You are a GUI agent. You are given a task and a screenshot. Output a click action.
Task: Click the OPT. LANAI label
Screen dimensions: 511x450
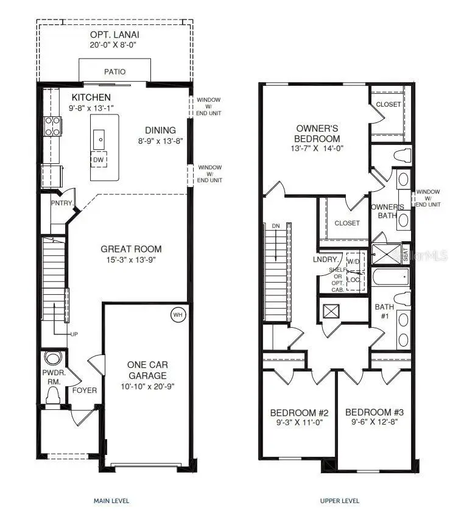point(116,33)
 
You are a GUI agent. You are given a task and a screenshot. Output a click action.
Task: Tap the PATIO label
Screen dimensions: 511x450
point(114,72)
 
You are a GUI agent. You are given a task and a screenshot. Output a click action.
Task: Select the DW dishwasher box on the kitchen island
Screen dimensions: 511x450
point(98,160)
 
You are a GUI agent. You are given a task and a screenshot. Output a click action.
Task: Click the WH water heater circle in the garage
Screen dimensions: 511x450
point(178,315)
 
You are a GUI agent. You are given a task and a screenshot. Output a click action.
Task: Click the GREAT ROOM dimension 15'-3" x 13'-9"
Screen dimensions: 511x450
point(132,260)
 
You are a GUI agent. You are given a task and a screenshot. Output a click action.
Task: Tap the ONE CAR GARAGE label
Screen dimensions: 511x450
point(147,370)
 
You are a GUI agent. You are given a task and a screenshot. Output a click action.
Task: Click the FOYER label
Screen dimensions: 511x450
point(85,390)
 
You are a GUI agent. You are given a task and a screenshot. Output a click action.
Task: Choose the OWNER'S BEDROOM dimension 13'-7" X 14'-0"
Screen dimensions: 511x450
point(318,148)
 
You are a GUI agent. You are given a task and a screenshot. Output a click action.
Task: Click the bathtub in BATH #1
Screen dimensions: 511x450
point(390,278)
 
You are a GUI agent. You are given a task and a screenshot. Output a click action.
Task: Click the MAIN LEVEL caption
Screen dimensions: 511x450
point(111,501)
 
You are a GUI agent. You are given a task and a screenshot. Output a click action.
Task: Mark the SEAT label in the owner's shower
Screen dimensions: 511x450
point(406,253)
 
